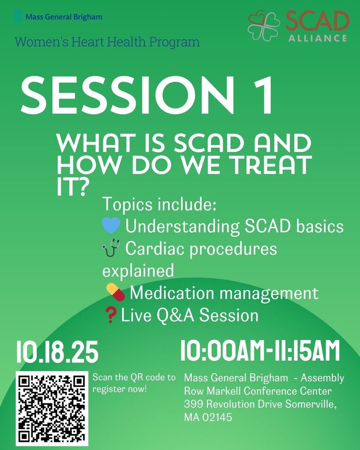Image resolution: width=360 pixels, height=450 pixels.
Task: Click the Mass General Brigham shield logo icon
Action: (x=18, y=16)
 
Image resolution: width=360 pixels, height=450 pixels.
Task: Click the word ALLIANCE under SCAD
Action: (x=318, y=38)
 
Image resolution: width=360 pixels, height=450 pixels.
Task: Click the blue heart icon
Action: (x=111, y=225)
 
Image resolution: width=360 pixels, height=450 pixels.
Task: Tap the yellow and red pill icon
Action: (x=115, y=292)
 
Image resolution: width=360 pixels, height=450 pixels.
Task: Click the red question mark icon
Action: (x=111, y=315)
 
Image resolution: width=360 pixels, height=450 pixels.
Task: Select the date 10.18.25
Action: (x=57, y=352)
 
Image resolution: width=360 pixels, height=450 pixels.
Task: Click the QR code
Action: (x=52, y=409)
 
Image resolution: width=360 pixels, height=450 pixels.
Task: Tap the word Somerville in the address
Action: (x=311, y=404)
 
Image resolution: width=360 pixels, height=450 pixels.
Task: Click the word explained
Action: (x=138, y=270)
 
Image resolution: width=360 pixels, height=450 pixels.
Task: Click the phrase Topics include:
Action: (x=159, y=204)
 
